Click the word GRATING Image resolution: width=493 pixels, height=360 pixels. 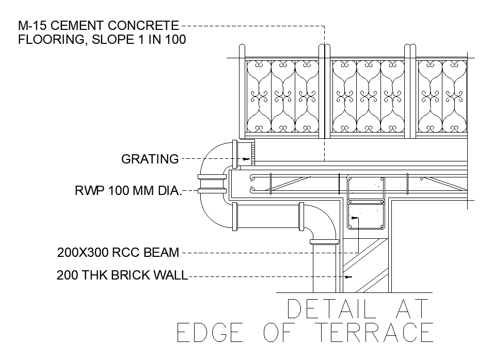point(150,159)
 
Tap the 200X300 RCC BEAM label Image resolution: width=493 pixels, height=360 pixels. point(118,253)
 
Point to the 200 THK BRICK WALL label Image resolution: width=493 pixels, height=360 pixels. point(122,275)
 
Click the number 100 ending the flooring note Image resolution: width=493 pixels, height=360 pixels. point(175,40)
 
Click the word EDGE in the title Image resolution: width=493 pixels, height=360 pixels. point(209,333)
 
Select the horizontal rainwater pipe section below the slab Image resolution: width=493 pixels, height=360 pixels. point(266,217)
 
